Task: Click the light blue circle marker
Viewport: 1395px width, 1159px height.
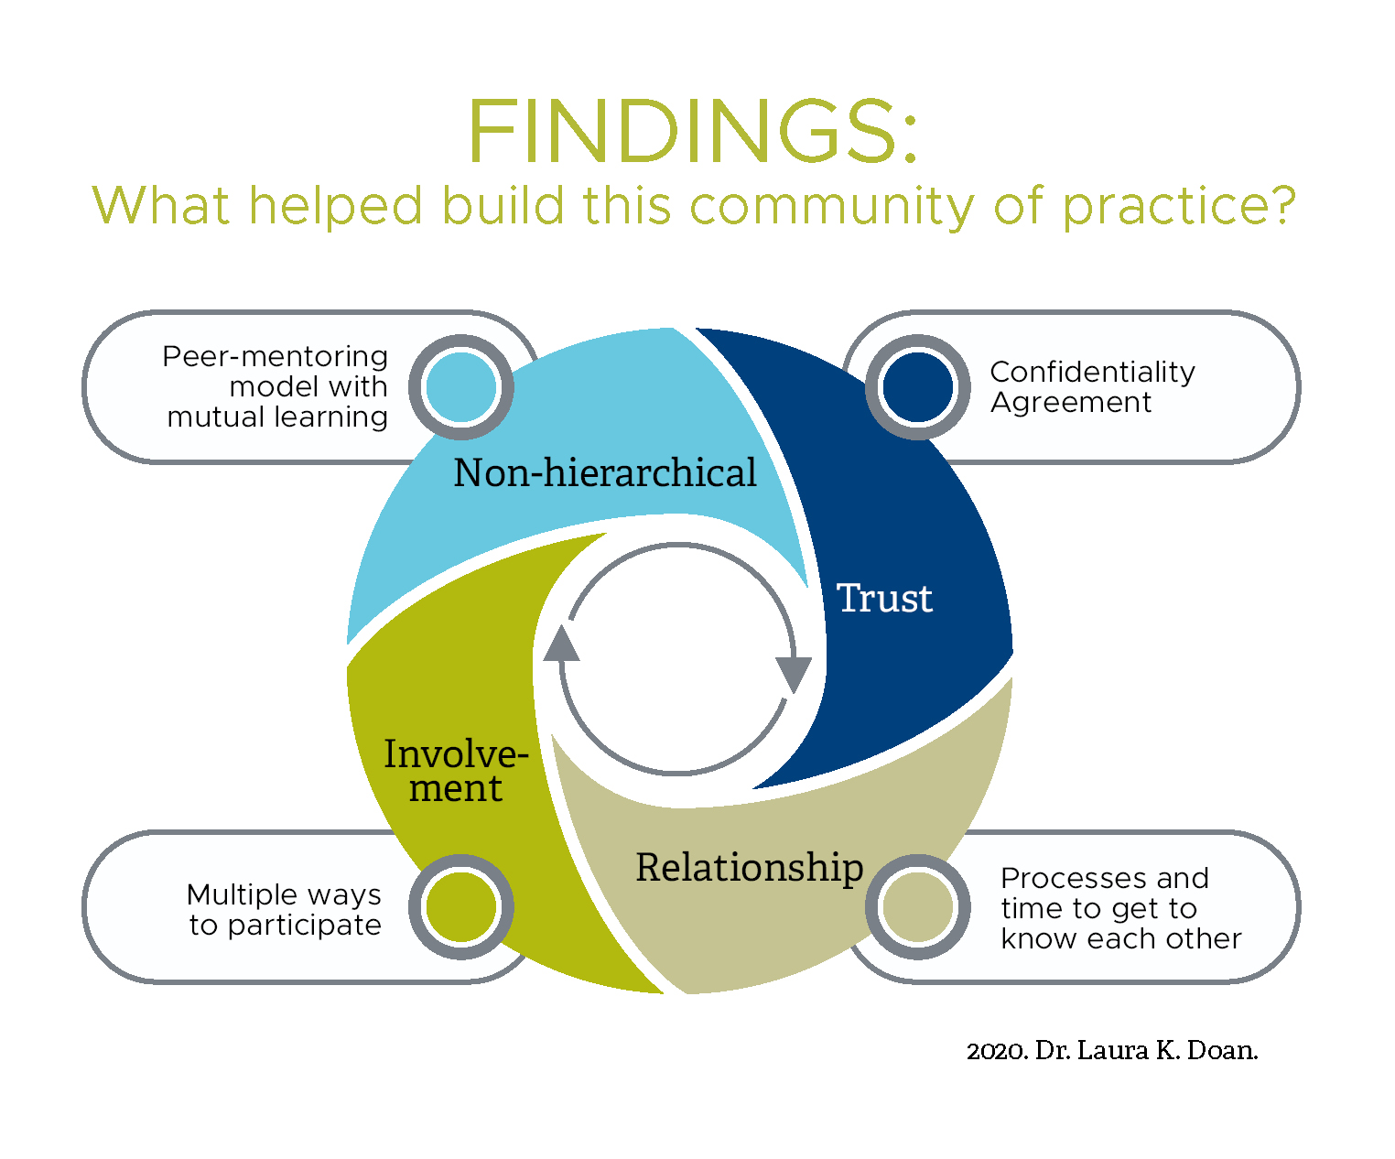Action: [461, 387]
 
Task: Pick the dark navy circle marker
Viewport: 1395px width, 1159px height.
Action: [917, 387]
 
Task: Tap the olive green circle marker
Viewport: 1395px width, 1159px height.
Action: [461, 906]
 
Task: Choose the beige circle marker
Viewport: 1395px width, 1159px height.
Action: [917, 906]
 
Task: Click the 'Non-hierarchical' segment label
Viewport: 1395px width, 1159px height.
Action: [605, 472]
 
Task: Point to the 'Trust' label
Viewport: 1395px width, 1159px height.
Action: [884, 598]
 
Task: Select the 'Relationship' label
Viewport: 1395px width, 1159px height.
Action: [750, 868]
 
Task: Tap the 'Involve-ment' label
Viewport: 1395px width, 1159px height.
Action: [457, 771]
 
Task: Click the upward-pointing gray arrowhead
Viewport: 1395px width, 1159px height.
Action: [561, 643]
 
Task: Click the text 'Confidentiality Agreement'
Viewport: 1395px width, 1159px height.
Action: [1092, 387]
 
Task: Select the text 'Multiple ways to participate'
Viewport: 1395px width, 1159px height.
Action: [284, 910]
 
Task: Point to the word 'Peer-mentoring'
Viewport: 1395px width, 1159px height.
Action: [275, 357]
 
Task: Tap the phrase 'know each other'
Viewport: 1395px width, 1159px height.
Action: [1121, 938]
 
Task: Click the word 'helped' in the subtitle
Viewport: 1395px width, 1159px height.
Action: [335, 207]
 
